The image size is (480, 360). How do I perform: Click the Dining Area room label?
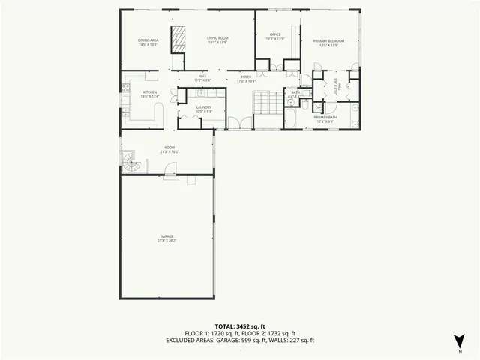[148, 39]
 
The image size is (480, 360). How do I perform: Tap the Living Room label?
[217, 38]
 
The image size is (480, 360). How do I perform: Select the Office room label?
[275, 34]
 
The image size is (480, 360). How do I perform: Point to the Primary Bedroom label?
[329, 41]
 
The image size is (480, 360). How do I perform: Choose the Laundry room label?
[203, 107]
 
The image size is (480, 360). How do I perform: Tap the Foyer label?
[246, 76]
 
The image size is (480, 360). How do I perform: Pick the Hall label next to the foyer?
[202, 76]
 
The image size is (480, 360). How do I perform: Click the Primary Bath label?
[325, 118]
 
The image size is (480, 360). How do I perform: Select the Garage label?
[166, 236]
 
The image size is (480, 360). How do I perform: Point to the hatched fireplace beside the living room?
[178, 40]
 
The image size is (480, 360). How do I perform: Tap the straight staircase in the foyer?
[263, 100]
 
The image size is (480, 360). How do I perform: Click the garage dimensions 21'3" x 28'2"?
[166, 241]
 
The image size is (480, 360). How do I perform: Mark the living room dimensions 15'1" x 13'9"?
[217, 43]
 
